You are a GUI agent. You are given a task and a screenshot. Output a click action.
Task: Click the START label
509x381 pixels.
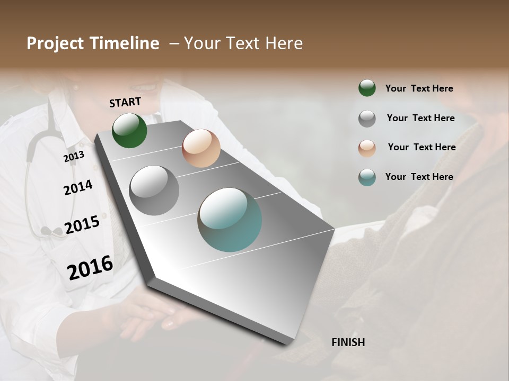125,102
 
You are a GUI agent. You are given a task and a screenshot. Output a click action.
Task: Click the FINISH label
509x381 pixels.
348,342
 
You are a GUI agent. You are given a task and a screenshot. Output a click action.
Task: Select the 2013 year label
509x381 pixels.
74,156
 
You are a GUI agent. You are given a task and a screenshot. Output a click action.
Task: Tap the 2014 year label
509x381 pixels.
78,187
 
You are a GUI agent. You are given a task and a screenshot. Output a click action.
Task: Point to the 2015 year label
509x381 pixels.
82,225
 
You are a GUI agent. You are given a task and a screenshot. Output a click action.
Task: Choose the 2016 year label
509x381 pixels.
90,267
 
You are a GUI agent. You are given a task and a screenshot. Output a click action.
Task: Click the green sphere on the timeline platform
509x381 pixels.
129,130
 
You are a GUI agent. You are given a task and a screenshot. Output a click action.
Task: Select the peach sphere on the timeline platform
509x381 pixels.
201,148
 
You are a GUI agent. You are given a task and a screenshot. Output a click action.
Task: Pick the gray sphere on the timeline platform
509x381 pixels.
154,190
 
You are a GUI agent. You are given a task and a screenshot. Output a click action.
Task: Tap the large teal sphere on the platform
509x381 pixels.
230,220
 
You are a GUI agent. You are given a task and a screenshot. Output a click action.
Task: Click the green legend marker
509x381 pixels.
367,88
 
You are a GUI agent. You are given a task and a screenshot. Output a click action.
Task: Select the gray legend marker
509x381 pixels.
367,119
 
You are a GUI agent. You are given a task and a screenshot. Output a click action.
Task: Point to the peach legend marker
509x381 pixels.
367,148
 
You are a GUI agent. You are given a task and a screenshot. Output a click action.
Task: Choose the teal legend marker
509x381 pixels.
367,177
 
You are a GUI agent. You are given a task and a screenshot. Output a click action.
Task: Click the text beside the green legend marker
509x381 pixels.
419,88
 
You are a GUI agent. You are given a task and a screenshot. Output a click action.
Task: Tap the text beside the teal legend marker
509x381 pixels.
419,177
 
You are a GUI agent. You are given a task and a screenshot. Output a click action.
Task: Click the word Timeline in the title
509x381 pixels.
125,43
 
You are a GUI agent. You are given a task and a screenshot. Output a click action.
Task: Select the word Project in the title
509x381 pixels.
56,43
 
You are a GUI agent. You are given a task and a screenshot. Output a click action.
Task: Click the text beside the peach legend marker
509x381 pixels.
422,147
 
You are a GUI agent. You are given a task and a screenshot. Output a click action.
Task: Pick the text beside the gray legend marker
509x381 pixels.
420,118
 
